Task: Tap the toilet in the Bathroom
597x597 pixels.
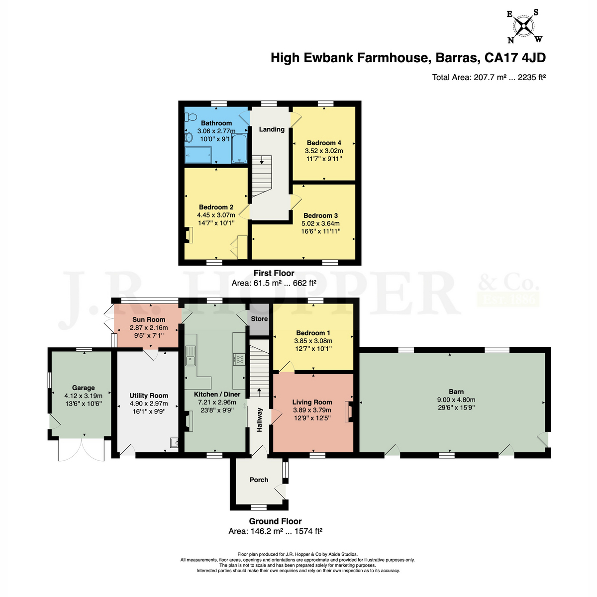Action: point(191,117)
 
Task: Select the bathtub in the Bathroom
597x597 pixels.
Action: point(239,148)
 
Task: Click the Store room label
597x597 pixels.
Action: point(259,319)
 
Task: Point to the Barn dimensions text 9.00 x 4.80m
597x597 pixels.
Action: point(456,399)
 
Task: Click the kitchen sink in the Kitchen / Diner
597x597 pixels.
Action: point(191,356)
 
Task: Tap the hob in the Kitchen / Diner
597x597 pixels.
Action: point(239,359)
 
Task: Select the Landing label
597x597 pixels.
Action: point(272,129)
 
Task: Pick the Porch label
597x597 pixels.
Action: point(259,480)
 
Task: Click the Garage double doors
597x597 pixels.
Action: point(82,450)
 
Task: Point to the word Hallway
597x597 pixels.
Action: point(259,420)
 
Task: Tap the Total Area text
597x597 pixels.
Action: point(489,77)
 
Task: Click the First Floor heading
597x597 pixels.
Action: point(274,273)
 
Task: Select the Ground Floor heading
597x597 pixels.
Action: point(275,521)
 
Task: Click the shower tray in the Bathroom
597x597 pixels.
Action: point(199,155)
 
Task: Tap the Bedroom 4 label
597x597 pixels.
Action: point(324,143)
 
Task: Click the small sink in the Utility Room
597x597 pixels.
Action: point(174,443)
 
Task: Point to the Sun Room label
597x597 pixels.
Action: point(149,319)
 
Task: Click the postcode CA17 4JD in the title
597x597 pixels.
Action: point(515,58)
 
